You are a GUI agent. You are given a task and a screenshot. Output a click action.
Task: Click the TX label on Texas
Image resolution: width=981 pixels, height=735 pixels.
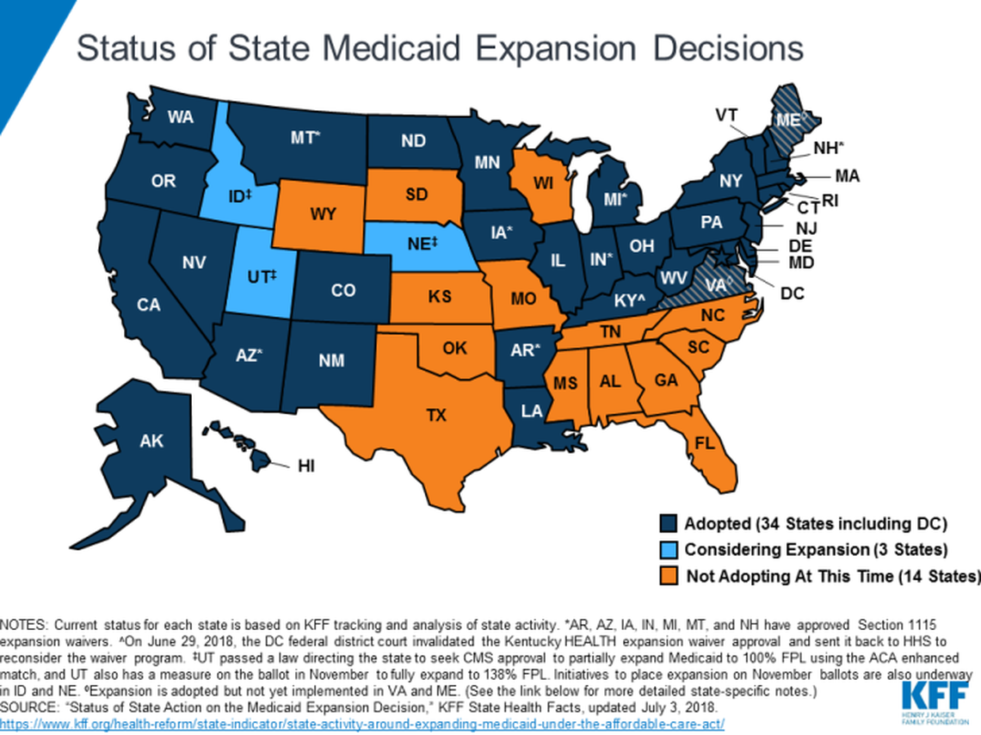437,416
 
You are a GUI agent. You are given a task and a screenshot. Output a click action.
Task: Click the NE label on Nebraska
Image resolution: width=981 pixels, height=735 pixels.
423,244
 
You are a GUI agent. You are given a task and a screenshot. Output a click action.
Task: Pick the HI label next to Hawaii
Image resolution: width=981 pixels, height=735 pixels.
306,466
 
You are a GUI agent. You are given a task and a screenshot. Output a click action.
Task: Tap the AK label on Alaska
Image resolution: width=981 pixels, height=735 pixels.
151,442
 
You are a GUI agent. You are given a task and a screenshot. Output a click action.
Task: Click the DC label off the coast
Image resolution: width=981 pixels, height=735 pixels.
793,293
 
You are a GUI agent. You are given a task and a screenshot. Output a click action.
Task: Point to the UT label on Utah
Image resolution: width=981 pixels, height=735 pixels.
260,277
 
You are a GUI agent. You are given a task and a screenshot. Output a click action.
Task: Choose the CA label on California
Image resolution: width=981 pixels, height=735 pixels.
149,305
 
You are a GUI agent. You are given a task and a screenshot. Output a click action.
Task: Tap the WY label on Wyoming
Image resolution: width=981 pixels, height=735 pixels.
323,214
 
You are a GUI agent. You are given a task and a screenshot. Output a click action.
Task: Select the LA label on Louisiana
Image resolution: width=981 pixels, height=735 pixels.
532,411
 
